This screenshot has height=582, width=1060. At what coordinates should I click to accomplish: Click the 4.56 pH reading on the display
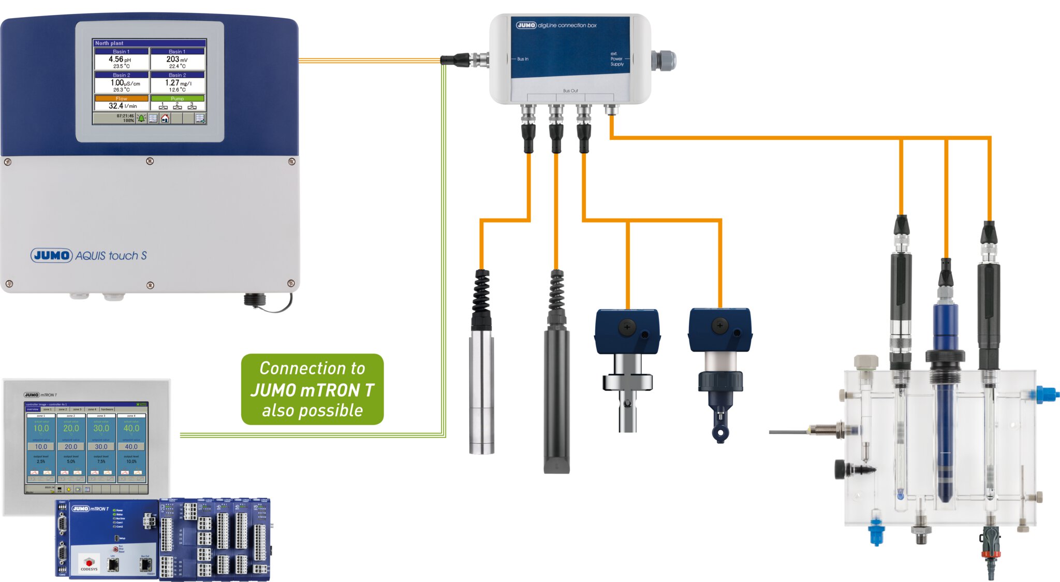(x=120, y=60)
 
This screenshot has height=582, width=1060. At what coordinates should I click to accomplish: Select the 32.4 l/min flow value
(x=122, y=106)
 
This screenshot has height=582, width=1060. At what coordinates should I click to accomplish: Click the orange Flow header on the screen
(x=121, y=98)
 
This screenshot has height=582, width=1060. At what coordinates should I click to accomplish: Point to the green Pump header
(x=177, y=98)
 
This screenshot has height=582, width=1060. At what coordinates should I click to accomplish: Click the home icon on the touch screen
(x=165, y=119)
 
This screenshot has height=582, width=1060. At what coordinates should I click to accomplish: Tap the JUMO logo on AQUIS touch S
(x=51, y=255)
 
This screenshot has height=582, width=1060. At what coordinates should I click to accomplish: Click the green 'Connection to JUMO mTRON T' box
(x=312, y=389)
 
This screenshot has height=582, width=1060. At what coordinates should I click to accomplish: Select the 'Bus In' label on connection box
(x=523, y=59)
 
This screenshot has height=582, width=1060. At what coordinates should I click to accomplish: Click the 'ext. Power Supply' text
(x=616, y=59)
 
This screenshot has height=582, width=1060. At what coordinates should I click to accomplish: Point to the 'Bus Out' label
(x=570, y=91)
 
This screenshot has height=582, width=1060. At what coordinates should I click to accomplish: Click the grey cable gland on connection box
(x=664, y=60)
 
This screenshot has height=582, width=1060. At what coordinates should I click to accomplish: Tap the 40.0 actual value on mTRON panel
(x=131, y=428)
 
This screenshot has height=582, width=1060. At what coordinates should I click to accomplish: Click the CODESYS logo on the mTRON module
(x=89, y=564)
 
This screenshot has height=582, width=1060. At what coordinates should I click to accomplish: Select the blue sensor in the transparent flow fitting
(x=945, y=404)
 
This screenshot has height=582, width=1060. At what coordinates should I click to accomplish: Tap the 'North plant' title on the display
(x=109, y=43)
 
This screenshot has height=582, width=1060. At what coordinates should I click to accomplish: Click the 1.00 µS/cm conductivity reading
(x=125, y=83)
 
